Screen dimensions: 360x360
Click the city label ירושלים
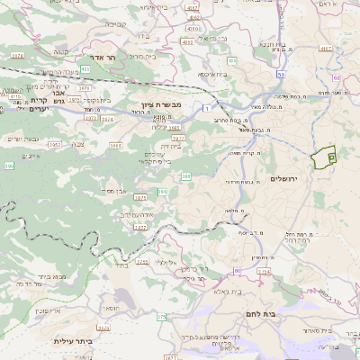pos(289,179)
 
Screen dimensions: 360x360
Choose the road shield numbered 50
pos(281,74)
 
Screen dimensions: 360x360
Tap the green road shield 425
pos(85,68)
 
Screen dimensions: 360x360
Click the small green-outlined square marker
pos(331,157)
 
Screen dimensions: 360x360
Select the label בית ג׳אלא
pos(227,291)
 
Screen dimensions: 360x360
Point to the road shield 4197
pos(192,7)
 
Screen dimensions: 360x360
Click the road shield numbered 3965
pos(116,145)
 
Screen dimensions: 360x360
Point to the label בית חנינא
pos(275,43)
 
